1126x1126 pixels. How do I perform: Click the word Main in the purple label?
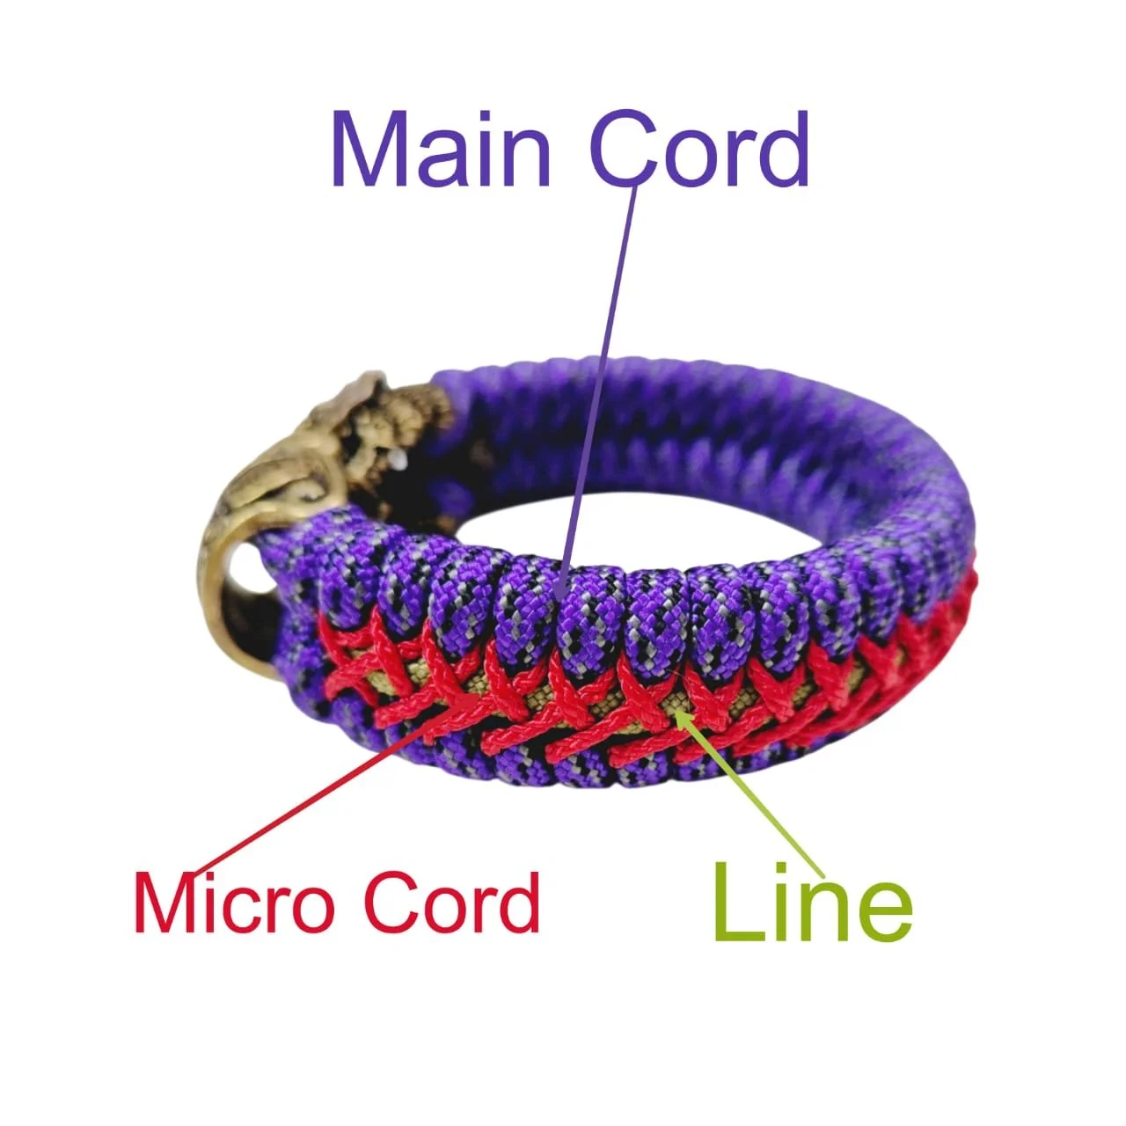tap(441, 150)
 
